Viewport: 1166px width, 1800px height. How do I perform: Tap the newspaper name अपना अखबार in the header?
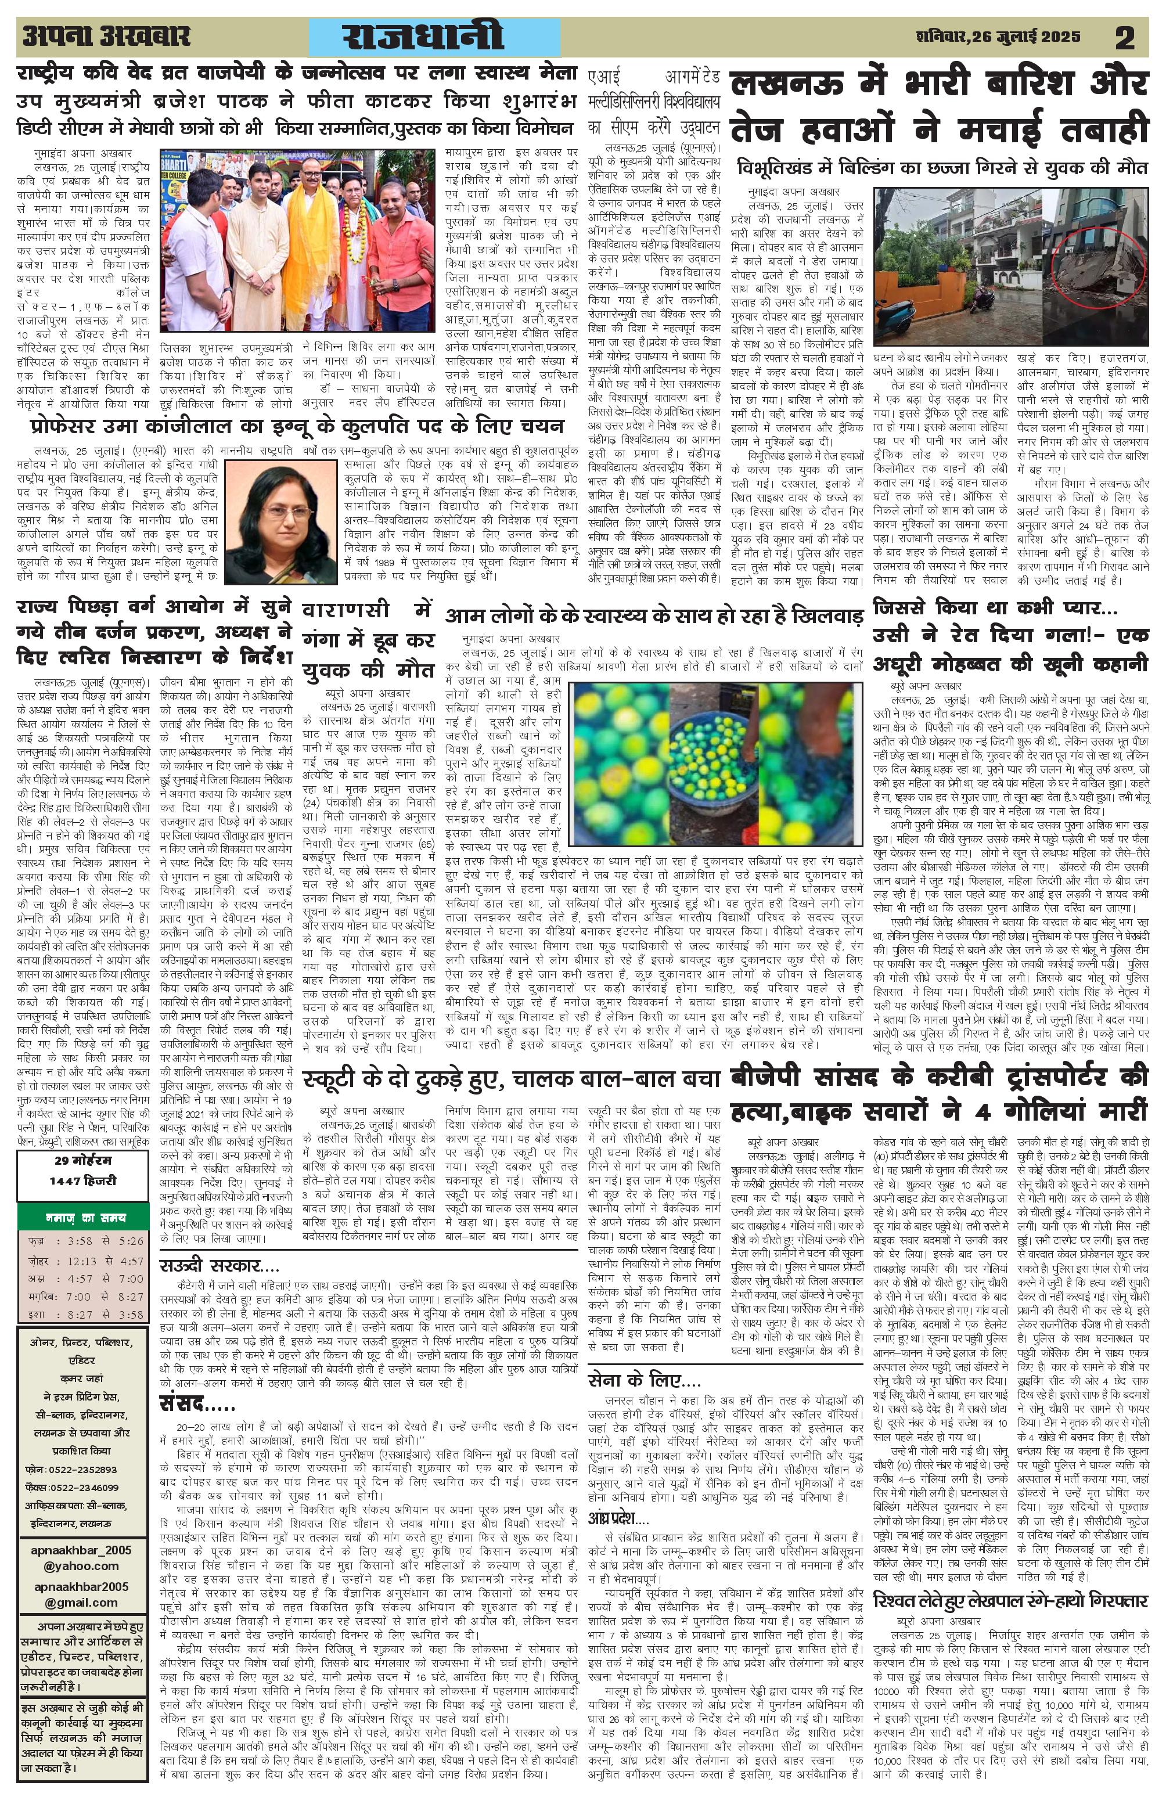coord(106,37)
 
